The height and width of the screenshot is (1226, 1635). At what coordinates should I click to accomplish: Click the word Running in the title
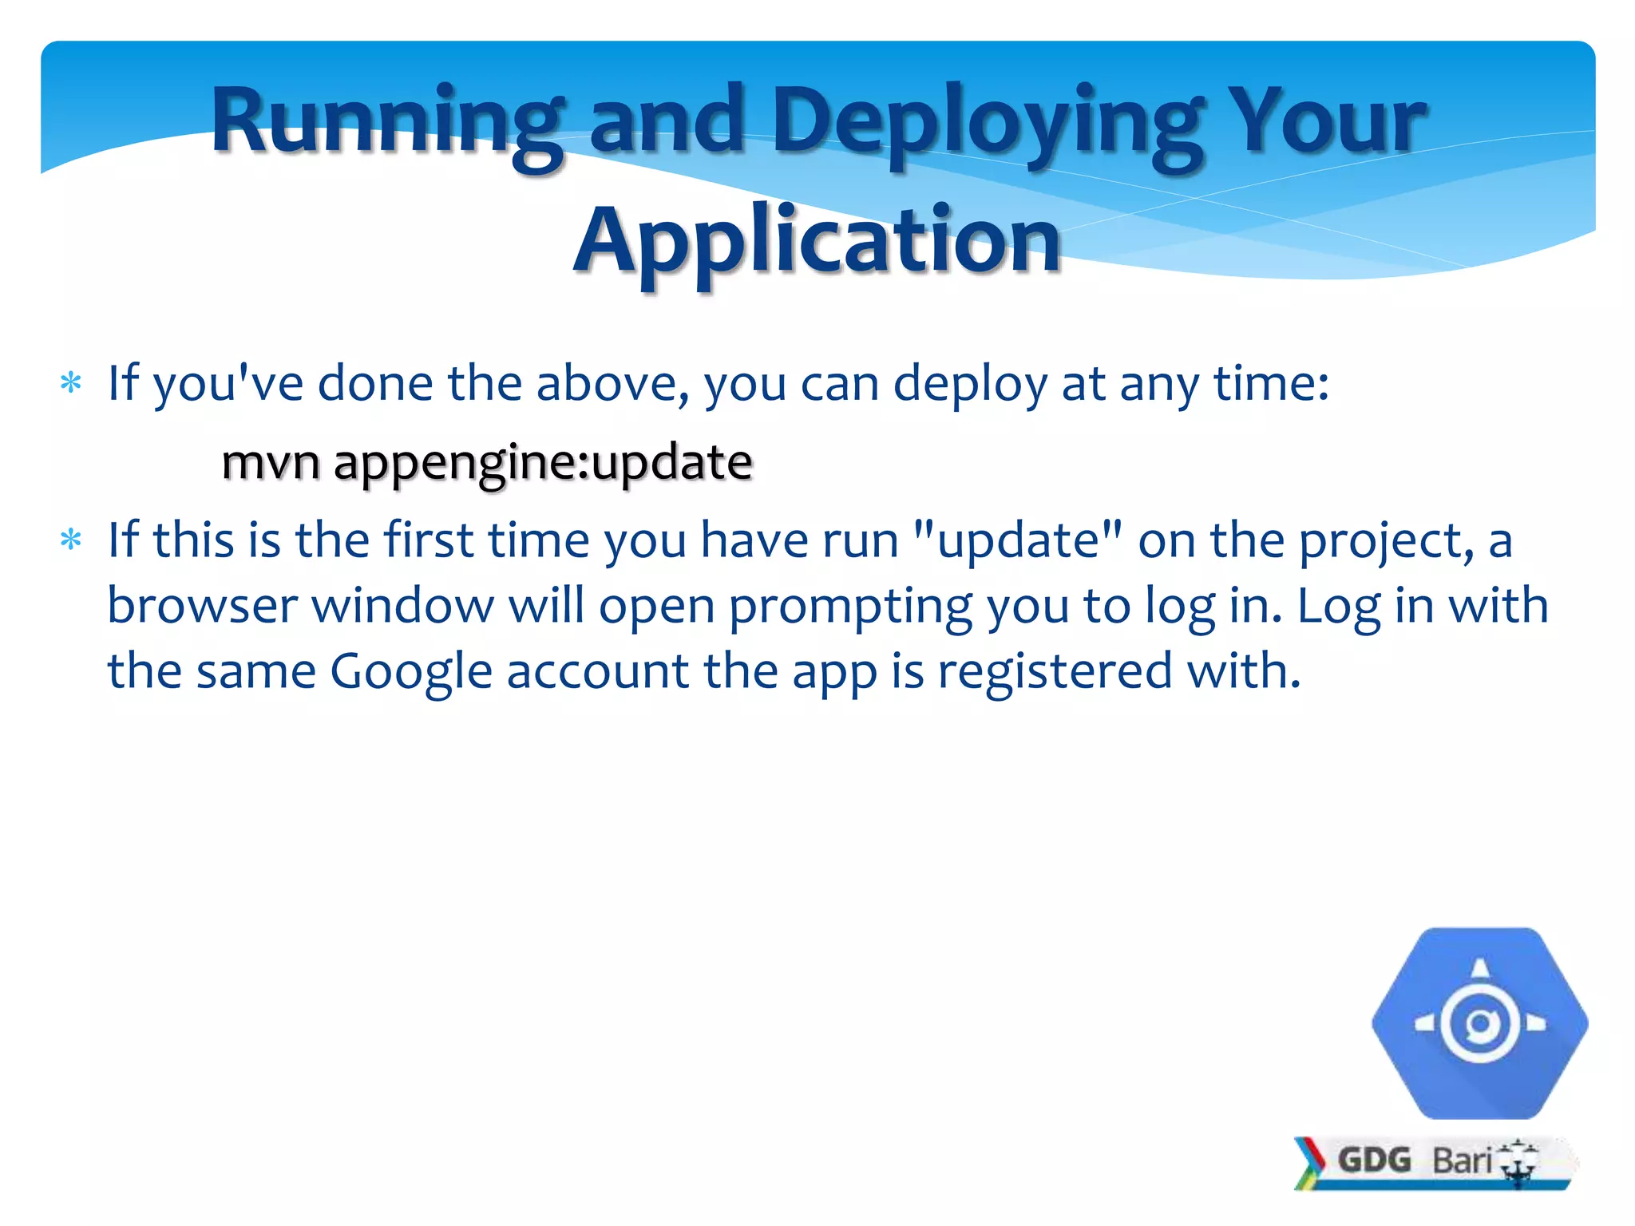pos(386,121)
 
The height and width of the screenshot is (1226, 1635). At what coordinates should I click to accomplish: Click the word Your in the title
pos(1325,121)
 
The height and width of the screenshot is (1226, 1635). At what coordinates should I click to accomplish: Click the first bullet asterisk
pos(71,384)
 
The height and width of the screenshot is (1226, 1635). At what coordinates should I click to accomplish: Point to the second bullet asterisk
pos(71,541)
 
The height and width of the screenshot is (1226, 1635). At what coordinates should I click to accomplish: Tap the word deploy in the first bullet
pos(969,385)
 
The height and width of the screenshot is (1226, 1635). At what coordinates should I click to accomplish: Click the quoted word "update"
pos(1018,540)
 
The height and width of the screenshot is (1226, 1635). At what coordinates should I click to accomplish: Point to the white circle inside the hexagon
pos(1480,1024)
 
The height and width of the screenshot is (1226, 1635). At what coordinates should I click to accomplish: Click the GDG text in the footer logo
pos(1374,1160)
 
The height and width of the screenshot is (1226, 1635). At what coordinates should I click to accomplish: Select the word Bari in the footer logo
pos(1462,1161)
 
